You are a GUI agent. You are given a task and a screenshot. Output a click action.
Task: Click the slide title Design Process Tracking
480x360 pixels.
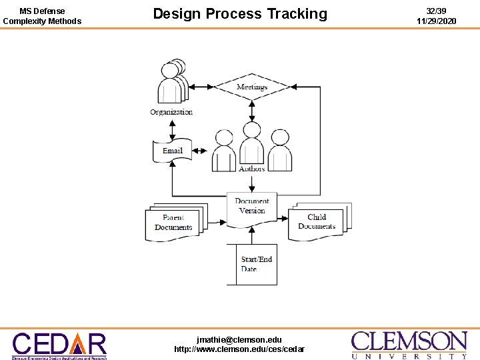click(240, 14)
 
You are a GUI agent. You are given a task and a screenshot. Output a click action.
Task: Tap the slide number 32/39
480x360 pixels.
click(436, 11)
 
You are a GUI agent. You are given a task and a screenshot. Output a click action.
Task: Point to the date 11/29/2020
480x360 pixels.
click(436, 21)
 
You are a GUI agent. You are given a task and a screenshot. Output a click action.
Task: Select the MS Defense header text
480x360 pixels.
click(42, 11)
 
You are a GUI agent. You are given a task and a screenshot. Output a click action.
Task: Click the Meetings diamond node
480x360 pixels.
click(252, 87)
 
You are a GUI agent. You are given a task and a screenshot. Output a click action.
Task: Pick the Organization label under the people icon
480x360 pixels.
click(171, 112)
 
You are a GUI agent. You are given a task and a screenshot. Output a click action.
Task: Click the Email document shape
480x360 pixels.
click(173, 151)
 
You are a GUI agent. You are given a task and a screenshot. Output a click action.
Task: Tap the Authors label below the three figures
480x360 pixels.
click(252, 169)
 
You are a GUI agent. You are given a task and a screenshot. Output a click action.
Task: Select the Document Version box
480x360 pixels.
click(252, 207)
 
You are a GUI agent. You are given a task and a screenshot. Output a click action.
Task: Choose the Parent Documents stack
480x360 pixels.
click(175, 223)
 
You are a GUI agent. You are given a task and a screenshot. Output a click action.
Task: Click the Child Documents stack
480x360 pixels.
click(317, 222)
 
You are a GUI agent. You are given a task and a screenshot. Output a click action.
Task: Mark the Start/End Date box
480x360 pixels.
click(256, 264)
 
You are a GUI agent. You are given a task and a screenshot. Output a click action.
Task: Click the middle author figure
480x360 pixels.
click(252, 147)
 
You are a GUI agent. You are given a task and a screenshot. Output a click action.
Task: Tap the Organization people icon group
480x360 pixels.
click(171, 82)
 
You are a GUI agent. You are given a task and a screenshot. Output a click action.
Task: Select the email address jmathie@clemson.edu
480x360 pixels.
click(239, 339)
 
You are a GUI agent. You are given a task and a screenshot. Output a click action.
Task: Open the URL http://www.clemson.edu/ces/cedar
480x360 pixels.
click(239, 349)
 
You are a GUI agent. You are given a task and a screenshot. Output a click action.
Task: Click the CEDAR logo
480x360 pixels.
click(59, 345)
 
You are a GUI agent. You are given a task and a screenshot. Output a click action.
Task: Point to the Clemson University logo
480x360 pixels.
click(409, 345)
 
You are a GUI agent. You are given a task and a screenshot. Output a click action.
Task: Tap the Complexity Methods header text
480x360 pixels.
click(42, 21)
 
